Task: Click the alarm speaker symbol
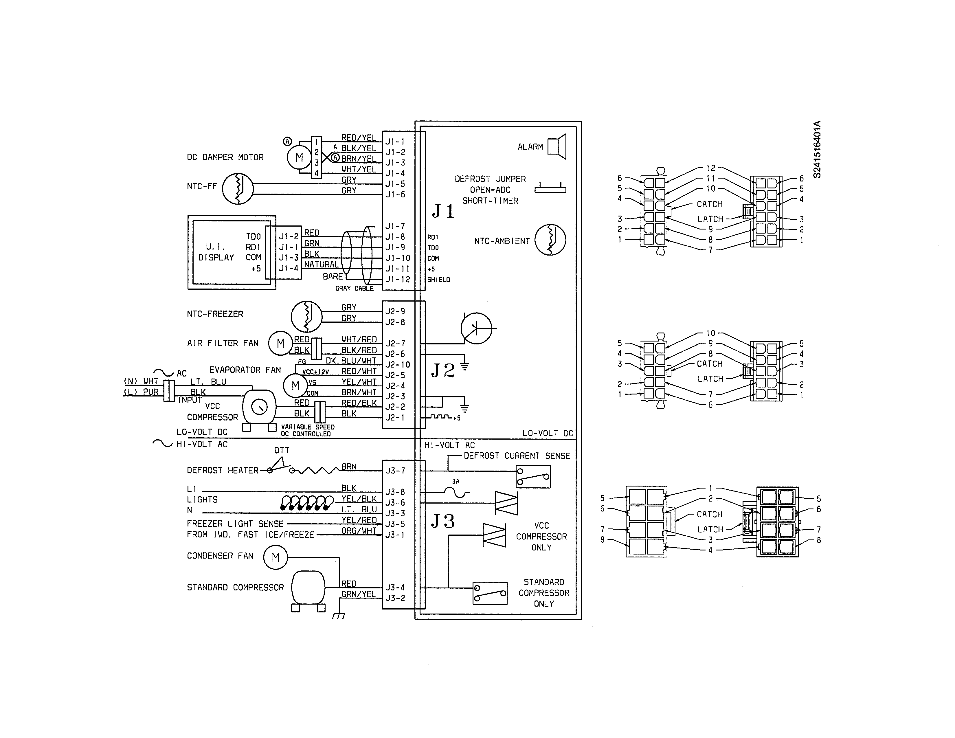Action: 557,146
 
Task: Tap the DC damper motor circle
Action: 299,157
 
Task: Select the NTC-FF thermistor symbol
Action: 237,188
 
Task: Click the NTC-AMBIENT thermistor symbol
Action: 550,240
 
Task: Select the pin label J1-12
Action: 397,279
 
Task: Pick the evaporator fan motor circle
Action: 295,385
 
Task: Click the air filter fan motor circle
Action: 280,344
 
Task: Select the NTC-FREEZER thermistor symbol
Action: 306,316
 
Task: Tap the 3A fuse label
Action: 456,481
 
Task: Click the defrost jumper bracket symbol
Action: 550,189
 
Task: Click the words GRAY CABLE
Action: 354,289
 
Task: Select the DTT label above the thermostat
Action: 282,450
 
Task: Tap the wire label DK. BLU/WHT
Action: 351,361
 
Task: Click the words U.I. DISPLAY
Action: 216,252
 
